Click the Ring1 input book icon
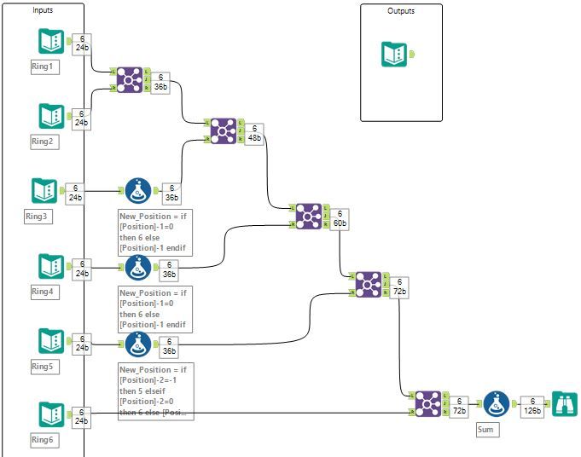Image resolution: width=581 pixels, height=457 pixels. point(50,42)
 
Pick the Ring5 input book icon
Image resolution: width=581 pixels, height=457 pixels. point(50,341)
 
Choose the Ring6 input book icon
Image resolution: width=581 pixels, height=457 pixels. point(50,414)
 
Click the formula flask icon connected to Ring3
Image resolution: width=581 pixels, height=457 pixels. point(137,191)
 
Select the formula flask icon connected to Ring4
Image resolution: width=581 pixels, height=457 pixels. point(137,267)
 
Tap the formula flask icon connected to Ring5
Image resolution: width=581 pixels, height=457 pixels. point(137,344)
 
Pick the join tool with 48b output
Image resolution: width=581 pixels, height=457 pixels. point(223,130)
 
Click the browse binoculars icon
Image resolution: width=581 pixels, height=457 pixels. point(565,404)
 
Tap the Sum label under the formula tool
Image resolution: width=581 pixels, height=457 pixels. point(487,430)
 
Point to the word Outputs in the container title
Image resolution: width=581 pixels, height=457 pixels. point(401,11)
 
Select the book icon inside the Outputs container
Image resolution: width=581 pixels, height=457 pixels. point(394,55)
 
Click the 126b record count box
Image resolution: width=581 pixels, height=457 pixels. point(532,405)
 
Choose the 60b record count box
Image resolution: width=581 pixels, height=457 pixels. point(339,218)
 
